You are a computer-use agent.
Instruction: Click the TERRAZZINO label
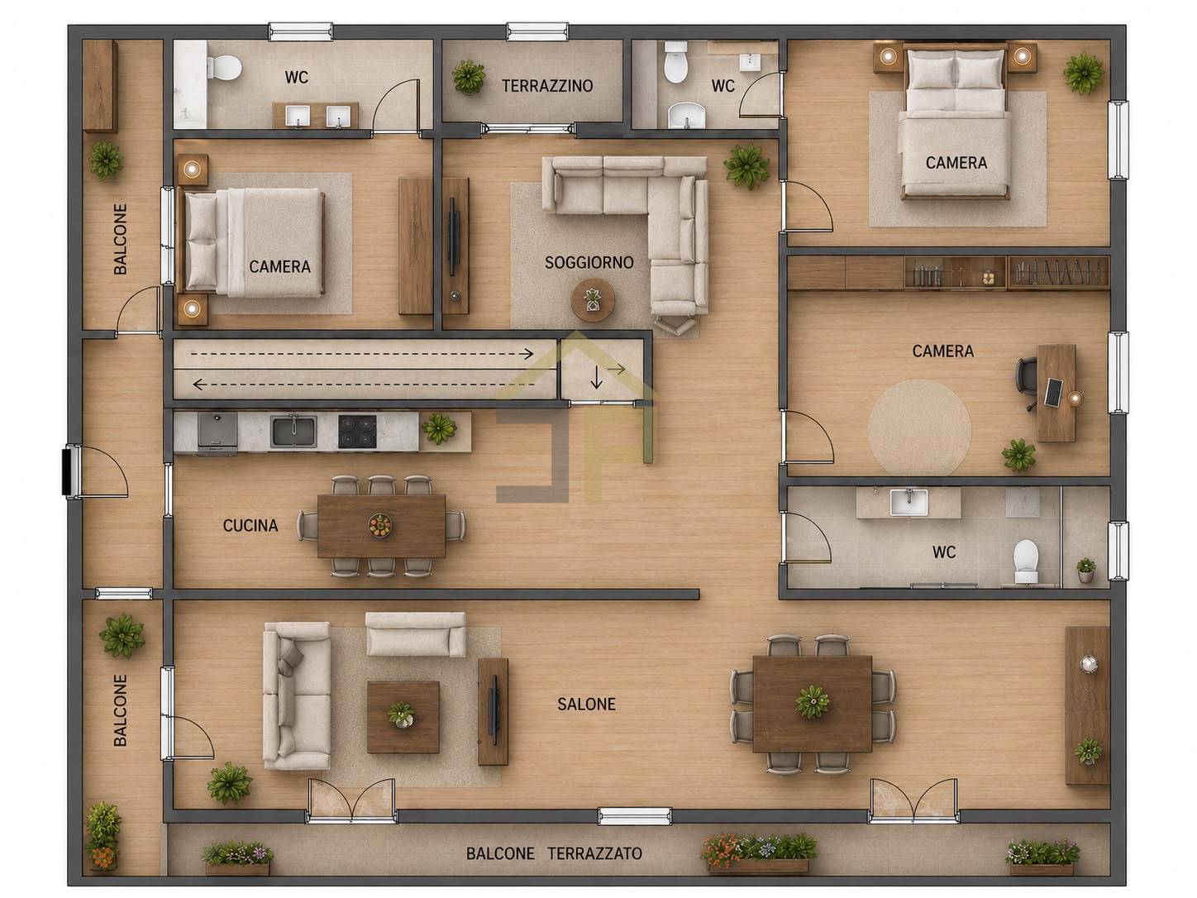[547, 86]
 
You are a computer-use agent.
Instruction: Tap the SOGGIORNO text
[589, 263]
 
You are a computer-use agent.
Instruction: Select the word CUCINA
[250, 526]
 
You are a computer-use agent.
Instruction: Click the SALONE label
[586, 705]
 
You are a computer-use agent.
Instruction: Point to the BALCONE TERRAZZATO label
[554, 853]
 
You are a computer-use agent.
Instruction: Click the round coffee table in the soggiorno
[593, 300]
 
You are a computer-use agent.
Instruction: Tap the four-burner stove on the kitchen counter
[357, 432]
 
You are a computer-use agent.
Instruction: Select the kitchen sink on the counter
[293, 432]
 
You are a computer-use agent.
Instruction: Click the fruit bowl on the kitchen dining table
[380, 526]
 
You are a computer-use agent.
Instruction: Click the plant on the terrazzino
[469, 77]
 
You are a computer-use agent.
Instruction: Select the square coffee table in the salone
[403, 717]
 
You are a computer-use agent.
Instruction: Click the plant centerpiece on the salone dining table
[813, 702]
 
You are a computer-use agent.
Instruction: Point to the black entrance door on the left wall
[68, 470]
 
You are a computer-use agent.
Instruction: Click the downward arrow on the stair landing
[597, 377]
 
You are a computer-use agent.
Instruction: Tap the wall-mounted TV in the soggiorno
[451, 237]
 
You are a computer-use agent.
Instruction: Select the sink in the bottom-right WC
[908, 502]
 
